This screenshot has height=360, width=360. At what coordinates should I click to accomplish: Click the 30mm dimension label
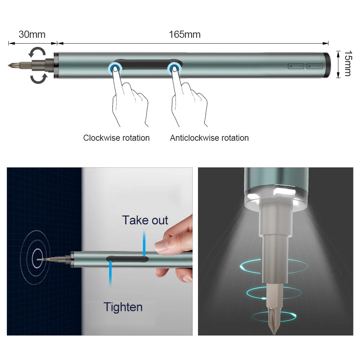point(32,35)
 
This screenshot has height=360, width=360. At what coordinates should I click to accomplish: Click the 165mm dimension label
point(185,35)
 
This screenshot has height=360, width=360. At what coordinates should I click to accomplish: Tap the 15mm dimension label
point(347,63)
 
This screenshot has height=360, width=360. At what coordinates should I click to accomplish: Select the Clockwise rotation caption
point(116,138)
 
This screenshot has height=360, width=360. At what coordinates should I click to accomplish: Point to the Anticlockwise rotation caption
point(209,138)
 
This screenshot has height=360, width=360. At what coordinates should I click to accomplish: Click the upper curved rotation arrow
point(37,53)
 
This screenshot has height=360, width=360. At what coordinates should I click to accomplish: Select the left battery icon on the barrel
point(296,66)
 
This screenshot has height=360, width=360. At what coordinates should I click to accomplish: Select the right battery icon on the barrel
point(314,66)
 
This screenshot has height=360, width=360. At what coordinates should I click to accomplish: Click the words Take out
point(145,220)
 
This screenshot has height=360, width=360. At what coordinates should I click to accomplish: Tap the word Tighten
point(123,307)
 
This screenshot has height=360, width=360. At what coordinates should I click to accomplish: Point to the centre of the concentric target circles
point(37,258)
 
